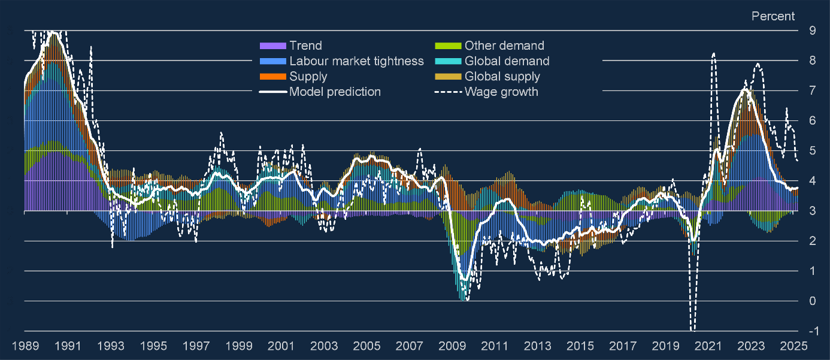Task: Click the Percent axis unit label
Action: pos(773,16)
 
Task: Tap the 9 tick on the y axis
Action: pos(811,31)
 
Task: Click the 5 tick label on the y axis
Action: pos(811,151)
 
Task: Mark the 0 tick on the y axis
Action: pos(811,301)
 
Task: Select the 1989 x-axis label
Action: pos(25,346)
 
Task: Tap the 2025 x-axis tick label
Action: pos(794,346)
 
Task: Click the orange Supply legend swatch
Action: pos(272,77)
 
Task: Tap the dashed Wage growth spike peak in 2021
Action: pos(714,54)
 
